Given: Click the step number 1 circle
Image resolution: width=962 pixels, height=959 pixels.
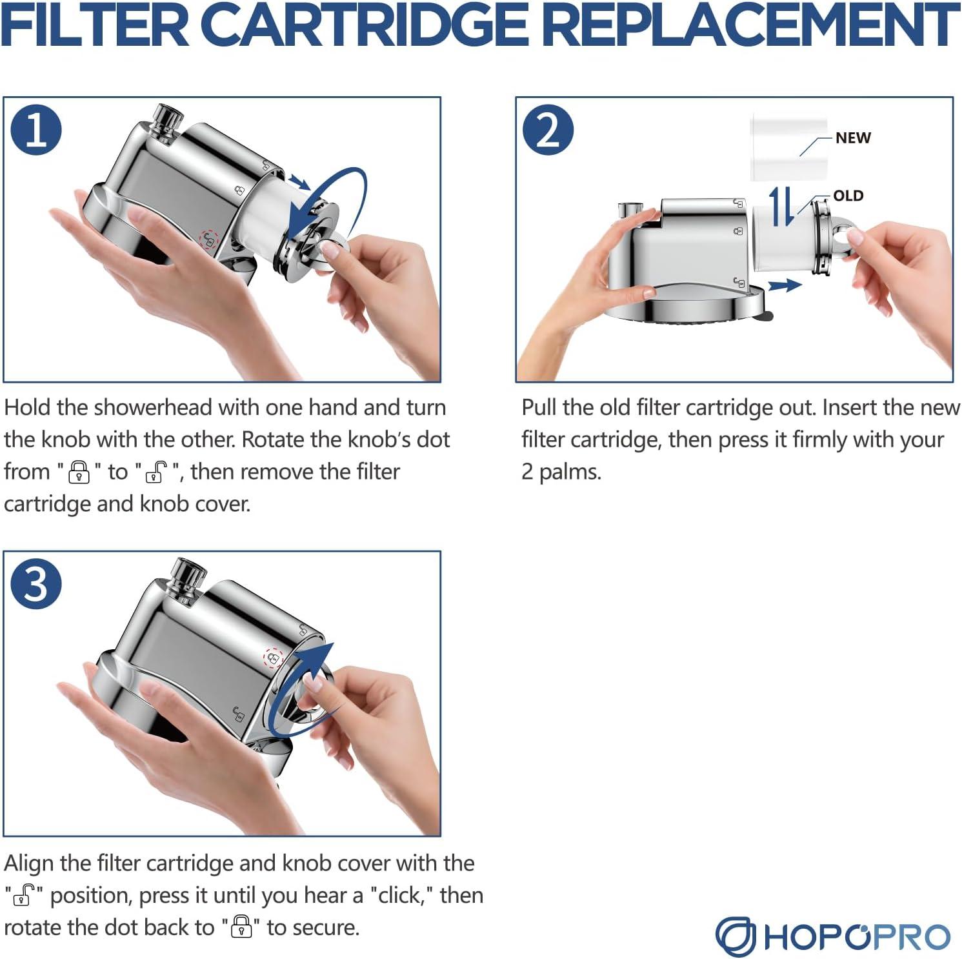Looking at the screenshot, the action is [37, 130].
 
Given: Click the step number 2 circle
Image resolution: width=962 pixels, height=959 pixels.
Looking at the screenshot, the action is [548, 130].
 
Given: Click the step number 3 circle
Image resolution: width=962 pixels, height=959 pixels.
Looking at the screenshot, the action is [37, 585].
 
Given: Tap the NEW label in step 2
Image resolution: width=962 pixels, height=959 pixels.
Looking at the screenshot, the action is [853, 137].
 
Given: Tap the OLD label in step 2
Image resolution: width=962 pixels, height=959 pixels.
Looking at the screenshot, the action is [848, 196].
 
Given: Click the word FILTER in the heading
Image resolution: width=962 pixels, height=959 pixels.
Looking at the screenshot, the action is [95, 26].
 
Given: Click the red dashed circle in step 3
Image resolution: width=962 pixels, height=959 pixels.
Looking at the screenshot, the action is [273, 658].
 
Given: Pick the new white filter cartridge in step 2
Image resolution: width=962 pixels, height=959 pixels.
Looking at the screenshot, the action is [788, 147].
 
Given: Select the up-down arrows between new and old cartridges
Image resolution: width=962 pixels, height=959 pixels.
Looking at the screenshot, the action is [783, 207].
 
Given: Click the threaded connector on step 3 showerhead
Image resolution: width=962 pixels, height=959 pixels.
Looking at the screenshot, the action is [187, 576].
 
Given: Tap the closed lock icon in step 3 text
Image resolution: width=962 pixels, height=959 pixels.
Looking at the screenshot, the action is [241, 927].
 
